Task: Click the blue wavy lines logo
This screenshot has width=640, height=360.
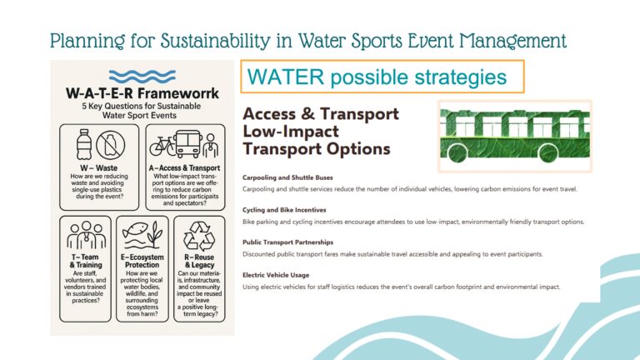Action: pos(142,77)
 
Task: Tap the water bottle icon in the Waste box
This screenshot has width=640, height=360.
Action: pos(83,144)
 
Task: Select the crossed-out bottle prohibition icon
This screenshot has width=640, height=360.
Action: pos(110,145)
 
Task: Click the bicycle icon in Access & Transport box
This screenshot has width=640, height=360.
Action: pos(162,146)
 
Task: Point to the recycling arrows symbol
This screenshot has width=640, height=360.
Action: pos(199,236)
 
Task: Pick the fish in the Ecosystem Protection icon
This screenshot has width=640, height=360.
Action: pos(135,229)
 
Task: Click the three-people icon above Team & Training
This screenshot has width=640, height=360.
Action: pos(86,235)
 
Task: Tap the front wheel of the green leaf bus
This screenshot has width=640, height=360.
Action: pos(457,152)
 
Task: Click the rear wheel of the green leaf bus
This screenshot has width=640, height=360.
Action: pos(548,152)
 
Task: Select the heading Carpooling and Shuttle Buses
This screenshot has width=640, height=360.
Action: pos(287,177)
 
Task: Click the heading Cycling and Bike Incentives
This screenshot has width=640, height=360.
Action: pos(284,210)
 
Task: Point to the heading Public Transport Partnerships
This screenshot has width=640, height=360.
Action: pos(287,242)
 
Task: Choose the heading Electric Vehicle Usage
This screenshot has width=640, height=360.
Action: pos(276,275)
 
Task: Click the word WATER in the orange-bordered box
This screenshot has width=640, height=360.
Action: pos(286,77)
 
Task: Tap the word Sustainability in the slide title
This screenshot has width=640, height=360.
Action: pos(215,41)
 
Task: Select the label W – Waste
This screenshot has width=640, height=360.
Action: pos(99,167)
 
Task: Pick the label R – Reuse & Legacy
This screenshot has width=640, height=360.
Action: pos(199,261)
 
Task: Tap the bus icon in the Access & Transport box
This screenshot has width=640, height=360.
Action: pos(188,144)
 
